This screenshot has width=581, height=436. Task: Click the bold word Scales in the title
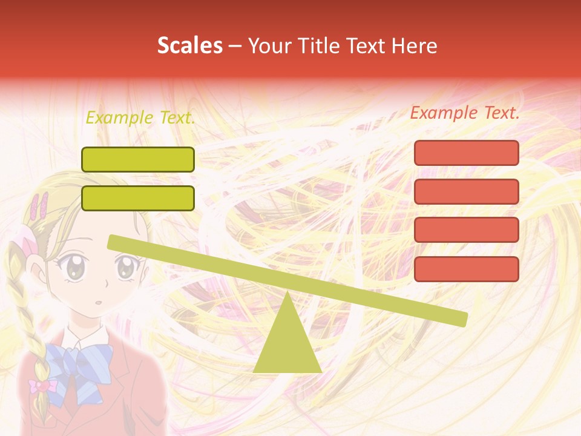189,45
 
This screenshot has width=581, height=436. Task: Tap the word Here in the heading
415,46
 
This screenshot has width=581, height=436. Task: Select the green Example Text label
140,117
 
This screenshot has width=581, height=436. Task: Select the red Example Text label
465,113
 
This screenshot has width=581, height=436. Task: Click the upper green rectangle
138,159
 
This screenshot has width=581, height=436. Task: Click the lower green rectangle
138,198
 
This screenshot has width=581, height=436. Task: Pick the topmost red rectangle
466,153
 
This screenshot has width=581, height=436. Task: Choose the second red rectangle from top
466,191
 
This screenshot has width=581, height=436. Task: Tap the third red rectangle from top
466,230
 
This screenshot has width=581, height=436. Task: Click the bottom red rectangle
466,269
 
